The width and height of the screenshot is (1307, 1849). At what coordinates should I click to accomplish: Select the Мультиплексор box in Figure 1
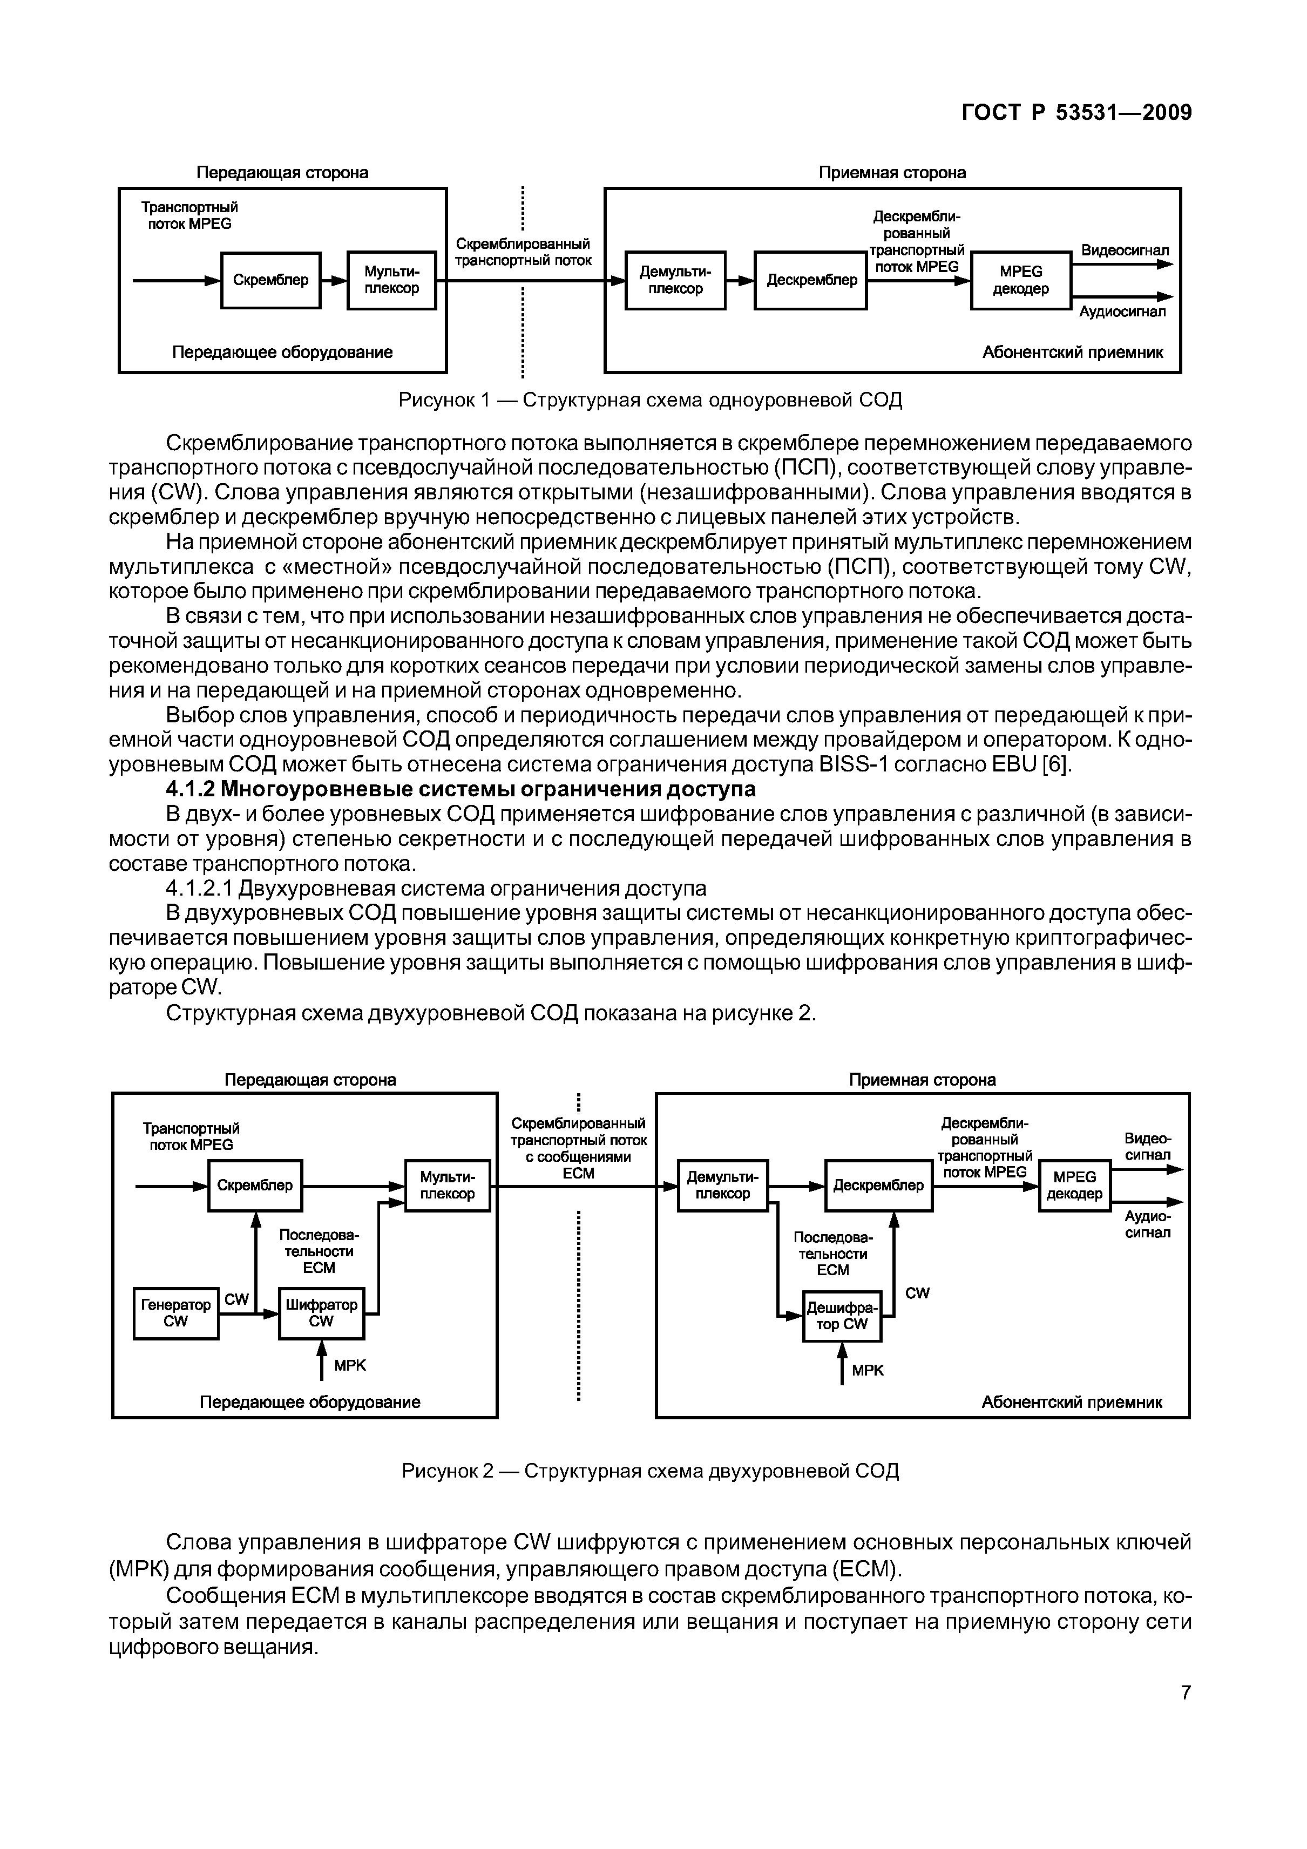[391, 280]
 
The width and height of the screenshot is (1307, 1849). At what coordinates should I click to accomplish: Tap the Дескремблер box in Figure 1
[811, 280]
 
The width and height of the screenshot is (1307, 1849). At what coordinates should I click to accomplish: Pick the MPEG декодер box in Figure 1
[1020, 280]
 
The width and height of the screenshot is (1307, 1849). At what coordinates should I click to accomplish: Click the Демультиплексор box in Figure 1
[675, 280]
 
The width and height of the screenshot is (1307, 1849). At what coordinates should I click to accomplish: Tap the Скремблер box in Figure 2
[255, 1186]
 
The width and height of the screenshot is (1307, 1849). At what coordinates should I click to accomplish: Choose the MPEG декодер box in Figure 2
[1074, 1186]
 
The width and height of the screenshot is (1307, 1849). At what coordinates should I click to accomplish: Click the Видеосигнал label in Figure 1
[1124, 250]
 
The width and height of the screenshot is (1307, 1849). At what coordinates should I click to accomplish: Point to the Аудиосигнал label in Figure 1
[1122, 311]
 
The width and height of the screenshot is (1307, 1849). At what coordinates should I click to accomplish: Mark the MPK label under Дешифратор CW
[868, 1370]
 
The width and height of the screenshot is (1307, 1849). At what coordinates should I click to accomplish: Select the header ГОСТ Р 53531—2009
[1076, 113]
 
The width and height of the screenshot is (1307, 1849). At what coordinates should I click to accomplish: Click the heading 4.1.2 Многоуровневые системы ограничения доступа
[461, 789]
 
